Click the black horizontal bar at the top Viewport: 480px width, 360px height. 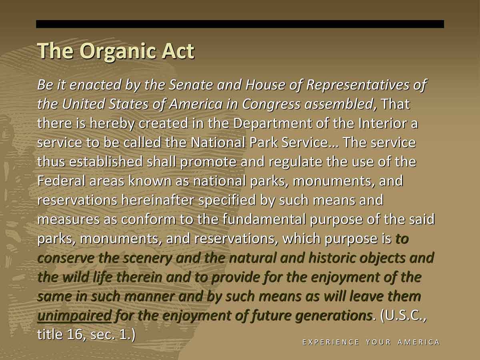point(240,24)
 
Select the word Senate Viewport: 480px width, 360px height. point(191,84)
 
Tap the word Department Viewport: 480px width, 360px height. point(272,124)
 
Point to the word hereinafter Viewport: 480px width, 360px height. point(158,200)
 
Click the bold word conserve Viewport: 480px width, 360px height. point(66,258)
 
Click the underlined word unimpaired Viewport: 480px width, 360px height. point(74,316)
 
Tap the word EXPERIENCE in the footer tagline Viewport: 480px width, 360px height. point(330,342)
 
